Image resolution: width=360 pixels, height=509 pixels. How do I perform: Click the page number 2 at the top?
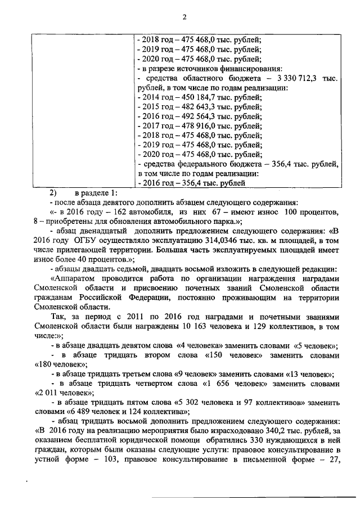pyautogui.click(x=183, y=17)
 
